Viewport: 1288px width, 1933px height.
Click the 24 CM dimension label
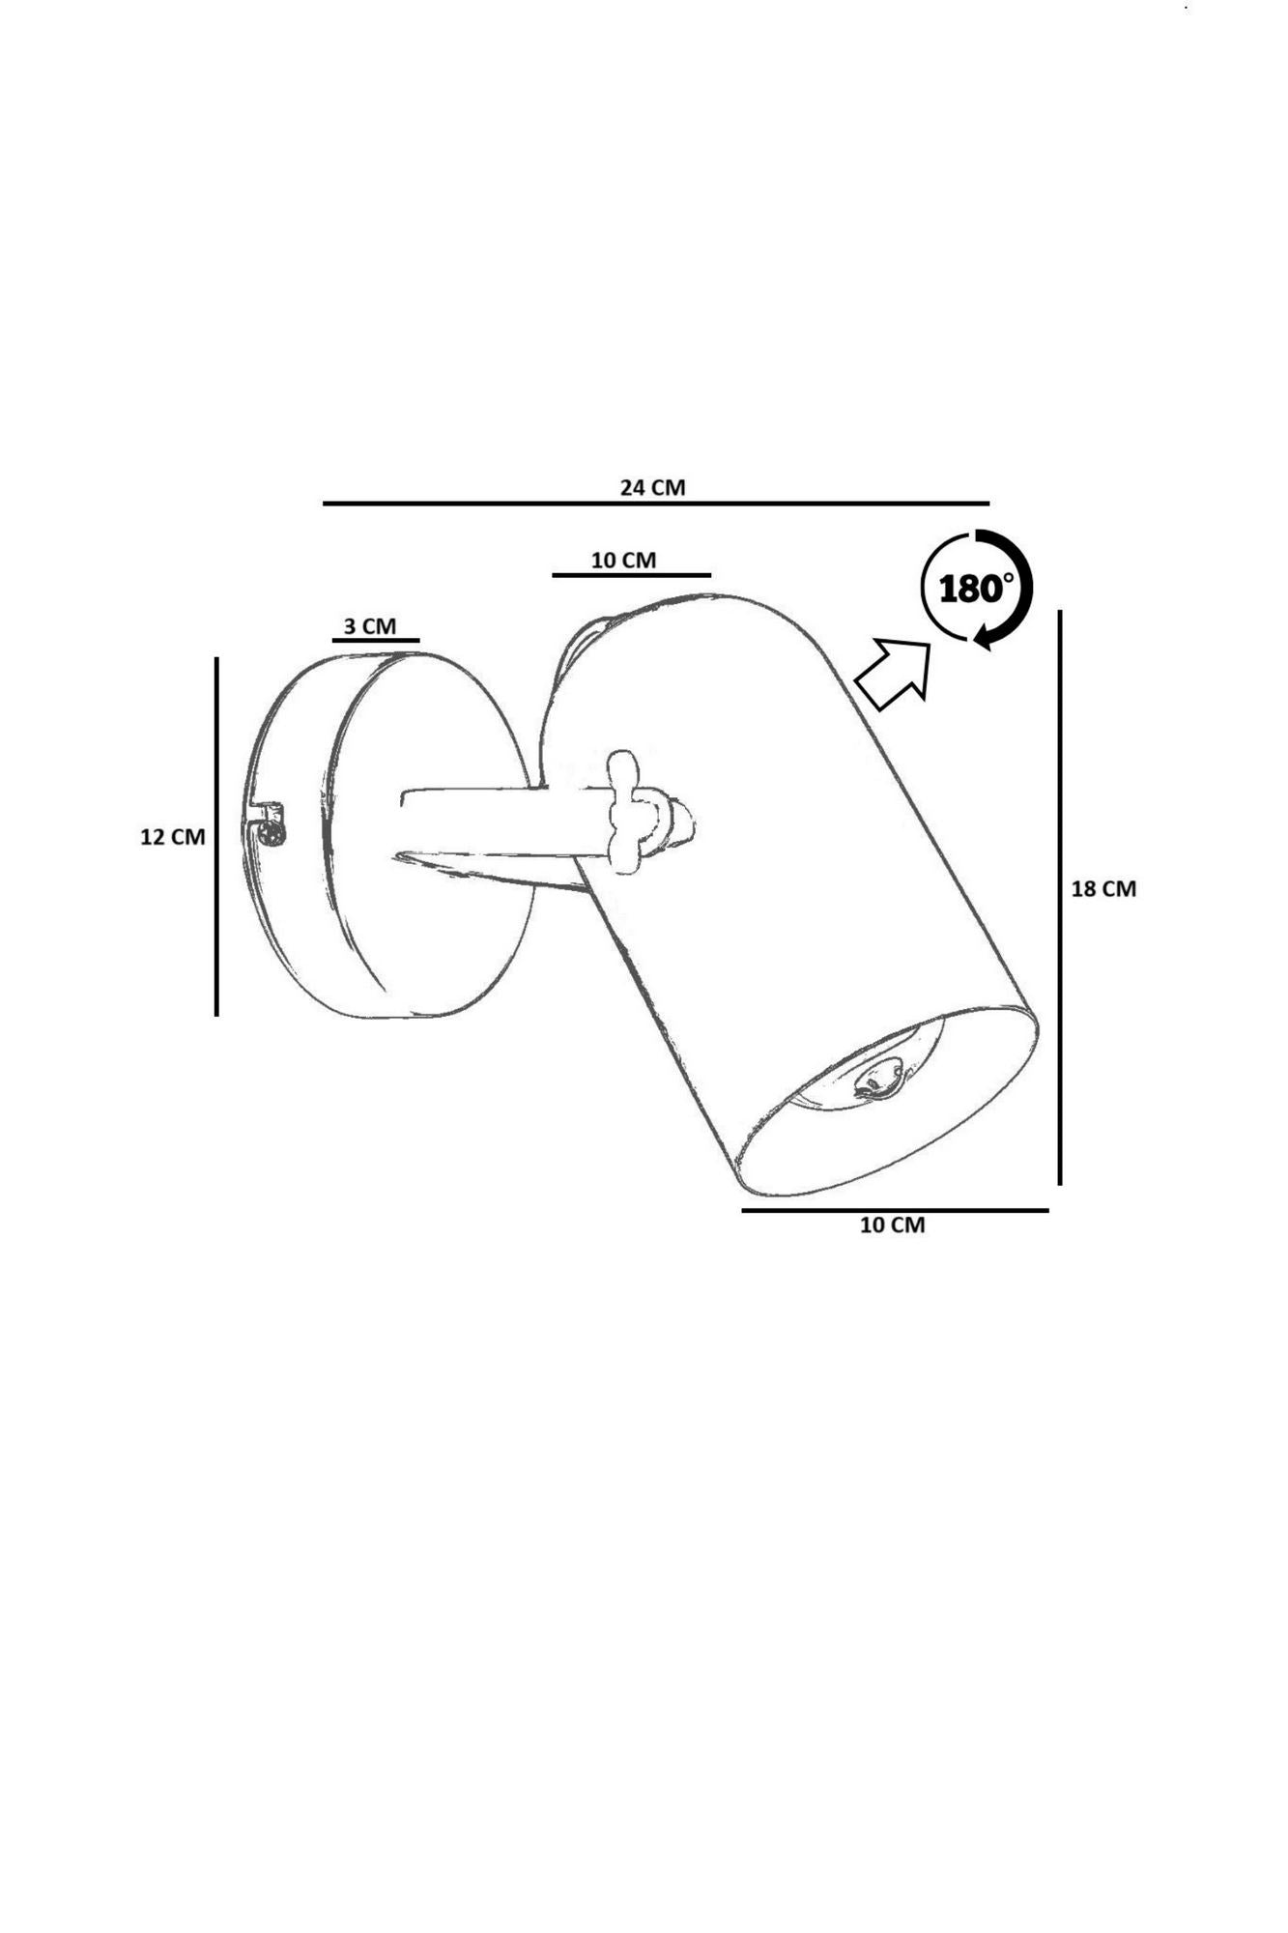(x=652, y=487)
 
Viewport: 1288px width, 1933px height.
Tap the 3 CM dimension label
(x=370, y=626)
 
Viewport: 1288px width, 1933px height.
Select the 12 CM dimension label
(x=173, y=837)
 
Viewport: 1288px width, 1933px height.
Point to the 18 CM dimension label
(x=1103, y=888)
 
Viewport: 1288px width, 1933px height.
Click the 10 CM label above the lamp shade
(x=623, y=561)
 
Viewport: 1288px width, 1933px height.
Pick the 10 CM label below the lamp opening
(x=892, y=1225)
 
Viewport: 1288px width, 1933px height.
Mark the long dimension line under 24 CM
(x=656, y=504)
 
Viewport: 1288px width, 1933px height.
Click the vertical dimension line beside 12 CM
(x=216, y=836)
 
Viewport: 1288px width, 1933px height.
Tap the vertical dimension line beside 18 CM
(x=1060, y=897)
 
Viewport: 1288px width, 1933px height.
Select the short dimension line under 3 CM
(x=376, y=640)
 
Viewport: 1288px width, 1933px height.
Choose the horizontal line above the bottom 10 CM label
(x=895, y=1210)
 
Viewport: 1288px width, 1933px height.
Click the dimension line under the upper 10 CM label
(x=632, y=575)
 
